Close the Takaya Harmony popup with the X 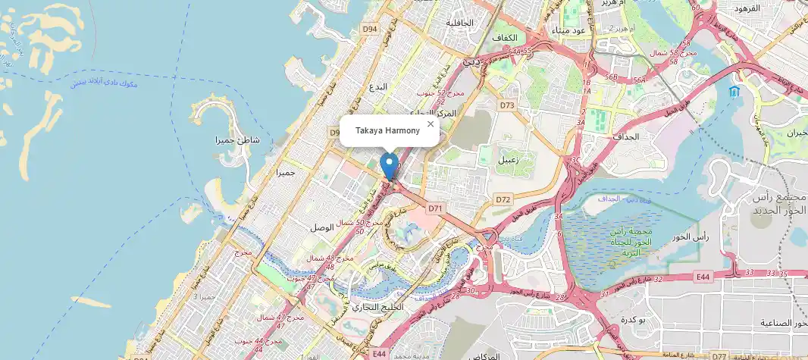pos(431,124)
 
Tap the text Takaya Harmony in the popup pos(387,131)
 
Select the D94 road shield pos(369,29)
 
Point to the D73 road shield pos(507,105)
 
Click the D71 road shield pos(434,207)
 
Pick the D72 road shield pos(503,199)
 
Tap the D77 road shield pos(719,355)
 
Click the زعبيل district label pos(507,161)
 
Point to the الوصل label pos(324,227)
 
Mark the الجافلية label pos(459,23)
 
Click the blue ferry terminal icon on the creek pos(733,92)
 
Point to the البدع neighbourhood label pos(377,86)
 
